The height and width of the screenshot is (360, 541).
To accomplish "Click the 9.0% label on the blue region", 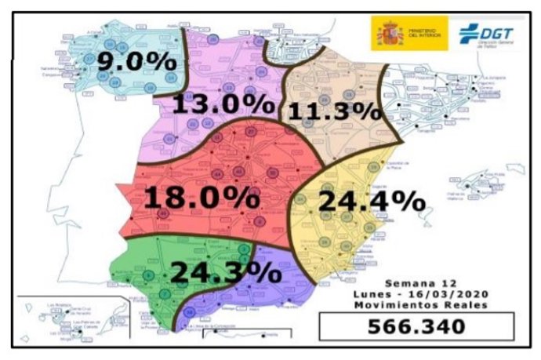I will (x=125, y=60).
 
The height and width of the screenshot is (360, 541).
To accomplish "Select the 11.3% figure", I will (x=334, y=111).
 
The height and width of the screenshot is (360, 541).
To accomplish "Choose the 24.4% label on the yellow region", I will (x=371, y=202).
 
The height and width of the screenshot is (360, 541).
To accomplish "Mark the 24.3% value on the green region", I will (x=225, y=271).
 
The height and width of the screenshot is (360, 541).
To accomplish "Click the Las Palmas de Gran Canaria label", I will (x=86, y=323).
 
